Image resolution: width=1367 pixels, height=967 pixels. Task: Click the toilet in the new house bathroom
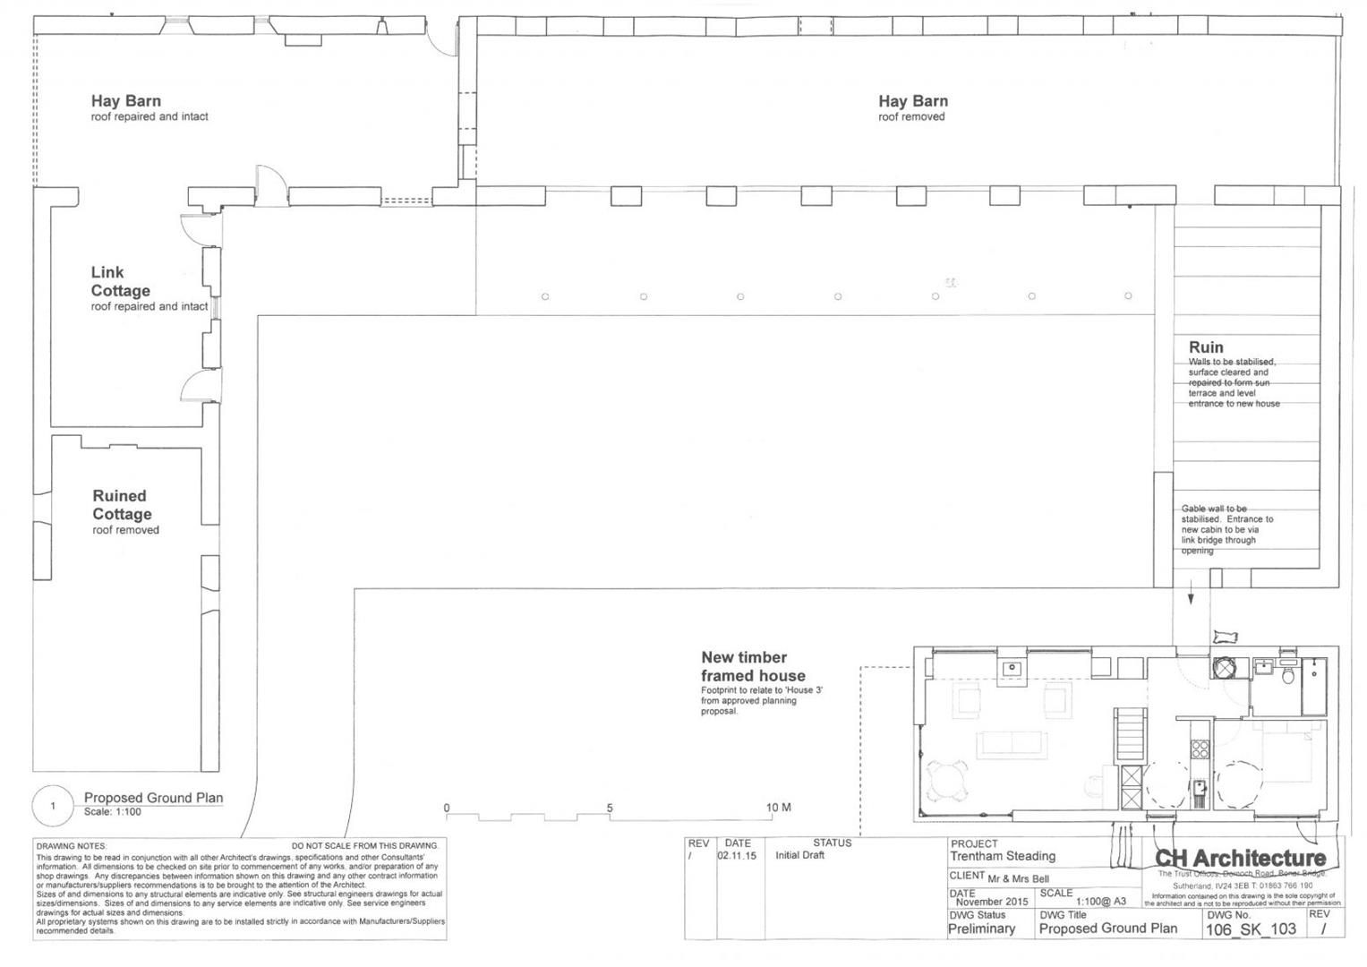pos(1287,675)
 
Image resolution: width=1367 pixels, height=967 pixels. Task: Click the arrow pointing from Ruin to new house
pos(1191,595)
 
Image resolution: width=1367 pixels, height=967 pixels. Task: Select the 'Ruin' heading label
pos(1205,347)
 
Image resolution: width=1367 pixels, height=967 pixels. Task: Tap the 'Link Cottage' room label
pos(120,281)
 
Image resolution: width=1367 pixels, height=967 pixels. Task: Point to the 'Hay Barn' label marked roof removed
pos(912,102)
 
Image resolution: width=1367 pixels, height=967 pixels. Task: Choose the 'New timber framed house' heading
pos(752,667)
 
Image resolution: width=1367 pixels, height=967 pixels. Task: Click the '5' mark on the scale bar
pos(610,808)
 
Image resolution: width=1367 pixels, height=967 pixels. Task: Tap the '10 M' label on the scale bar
pos(778,808)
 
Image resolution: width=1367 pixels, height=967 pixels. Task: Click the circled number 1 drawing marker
pos(52,806)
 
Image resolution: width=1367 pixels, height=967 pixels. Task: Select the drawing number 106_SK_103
pos(1251,929)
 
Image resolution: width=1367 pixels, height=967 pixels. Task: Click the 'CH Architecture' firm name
pos(1240,859)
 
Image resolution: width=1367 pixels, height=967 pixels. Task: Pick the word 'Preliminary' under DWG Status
pos(981,929)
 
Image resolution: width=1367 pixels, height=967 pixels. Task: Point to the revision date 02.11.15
pos(736,856)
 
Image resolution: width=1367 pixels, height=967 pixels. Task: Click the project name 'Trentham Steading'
pos(1002,857)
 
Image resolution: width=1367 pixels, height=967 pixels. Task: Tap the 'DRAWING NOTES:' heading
pos(72,846)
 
